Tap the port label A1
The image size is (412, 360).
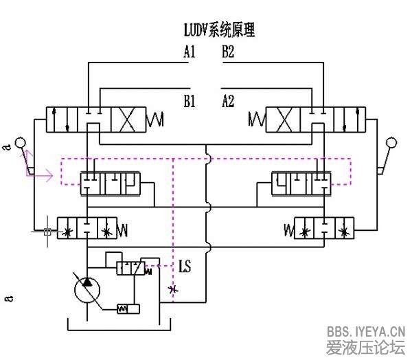coord(190,52)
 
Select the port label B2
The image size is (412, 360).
coord(228,52)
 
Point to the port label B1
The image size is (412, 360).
coord(190,102)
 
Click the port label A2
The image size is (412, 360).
coord(228,102)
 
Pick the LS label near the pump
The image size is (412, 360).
coord(185,265)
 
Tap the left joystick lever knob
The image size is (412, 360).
coord(21,143)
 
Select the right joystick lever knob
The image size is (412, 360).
coord(392,143)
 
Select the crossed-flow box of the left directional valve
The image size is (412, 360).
coord(130,120)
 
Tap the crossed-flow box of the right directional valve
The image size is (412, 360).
coord(282,120)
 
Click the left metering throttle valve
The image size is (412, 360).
coord(87,227)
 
